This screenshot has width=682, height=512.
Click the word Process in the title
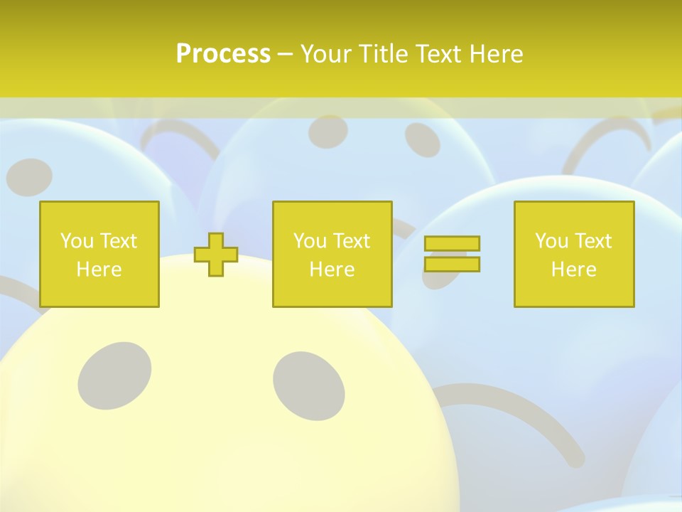[223, 53]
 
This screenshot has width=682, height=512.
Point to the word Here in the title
[496, 53]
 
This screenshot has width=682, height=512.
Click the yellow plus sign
[216, 254]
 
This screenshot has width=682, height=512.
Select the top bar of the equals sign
[452, 243]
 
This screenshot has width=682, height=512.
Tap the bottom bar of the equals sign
[452, 264]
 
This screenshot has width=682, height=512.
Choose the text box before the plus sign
[99, 254]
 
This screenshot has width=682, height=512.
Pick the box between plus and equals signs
[332, 254]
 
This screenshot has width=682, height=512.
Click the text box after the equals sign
[573, 254]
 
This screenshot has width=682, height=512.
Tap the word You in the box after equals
[551, 241]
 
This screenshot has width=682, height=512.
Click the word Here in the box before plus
[99, 270]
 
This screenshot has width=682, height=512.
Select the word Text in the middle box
[351, 241]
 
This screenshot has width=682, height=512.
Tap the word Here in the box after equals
[573, 270]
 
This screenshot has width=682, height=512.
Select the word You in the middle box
[310, 241]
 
